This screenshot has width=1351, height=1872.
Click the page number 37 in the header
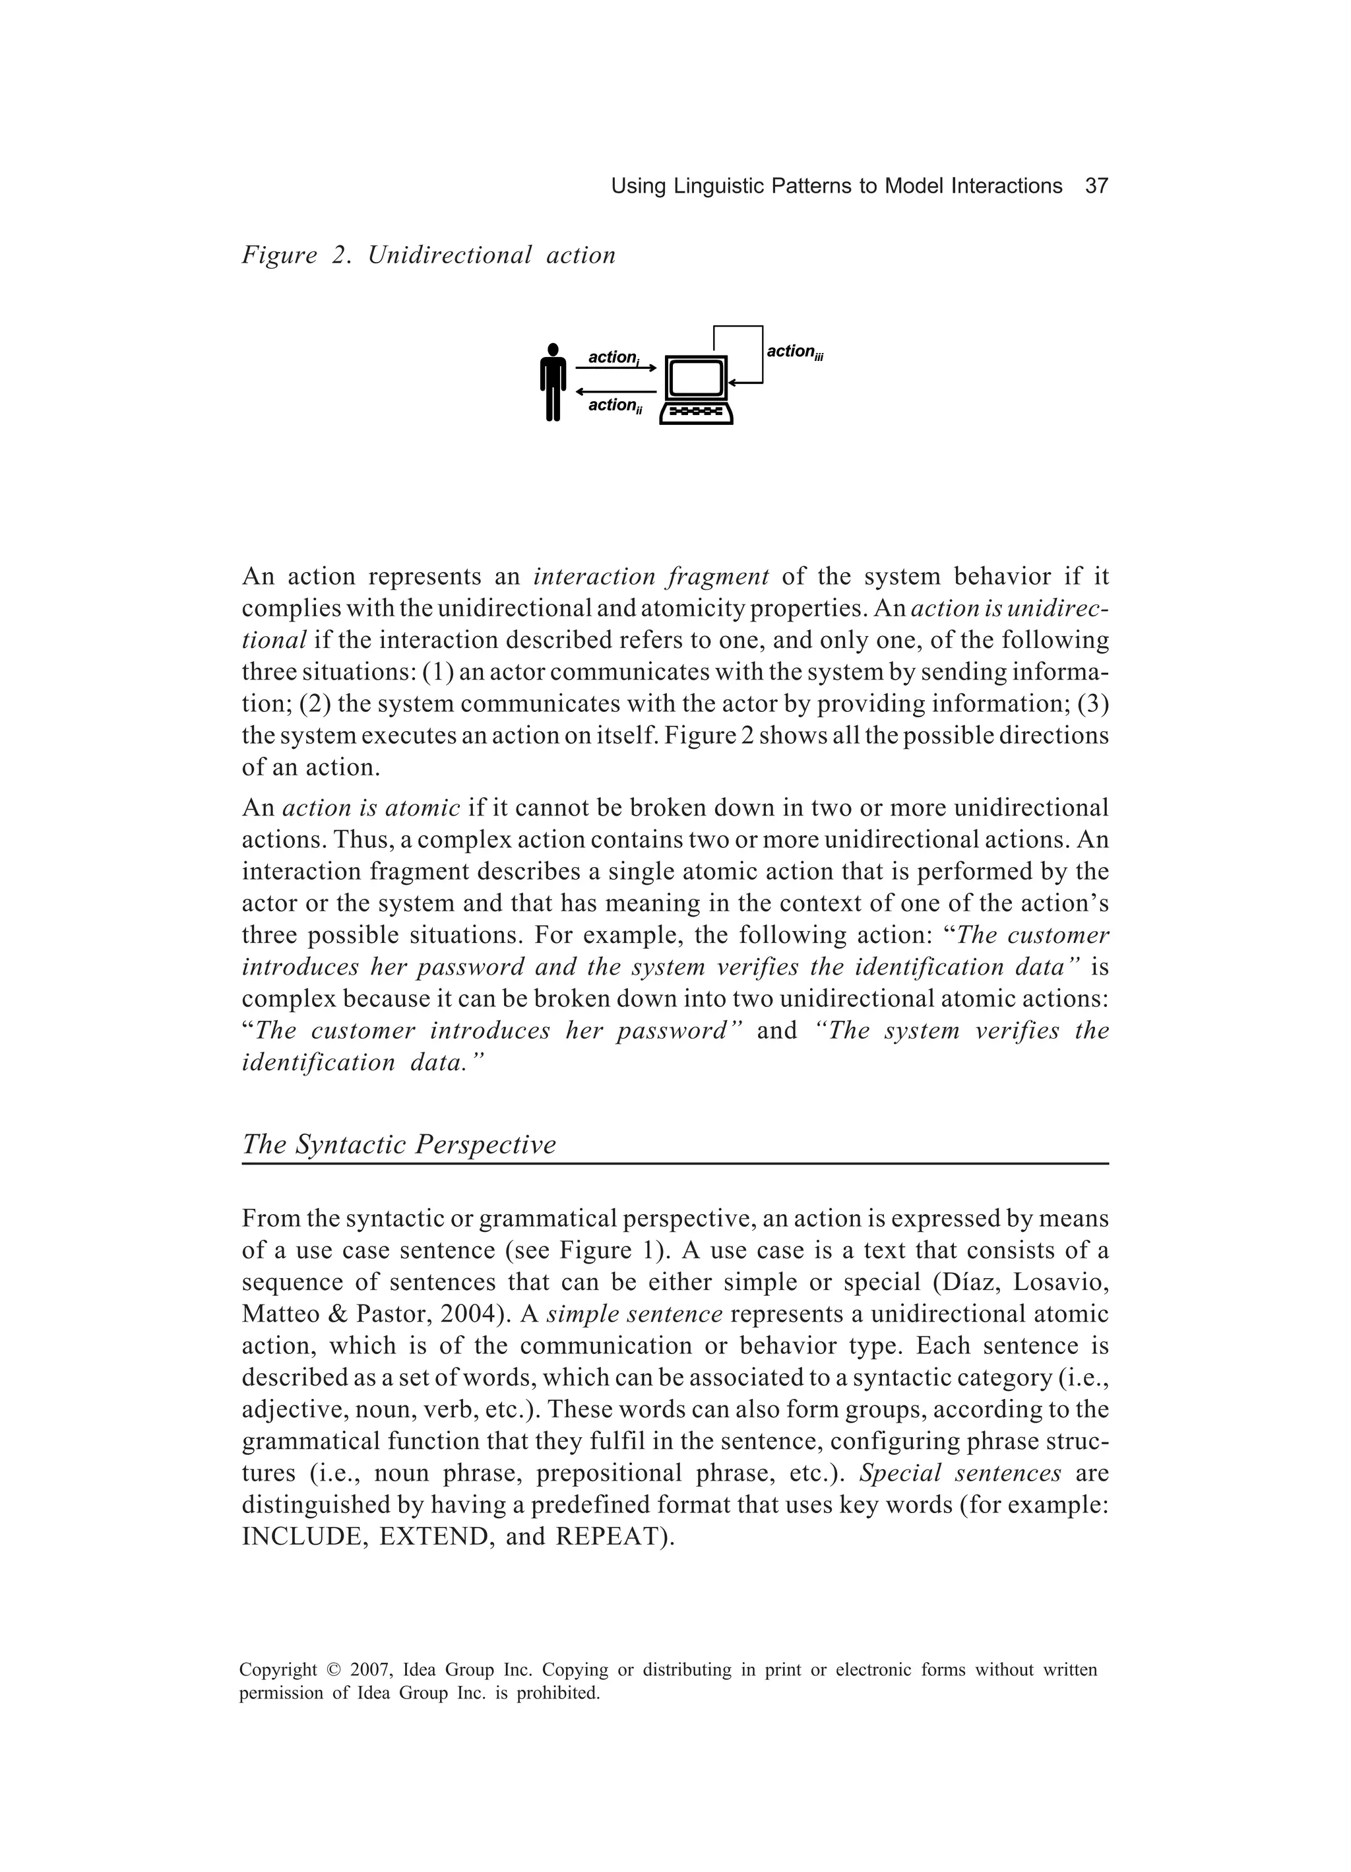tap(1095, 187)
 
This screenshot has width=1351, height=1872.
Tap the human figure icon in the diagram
tap(553, 382)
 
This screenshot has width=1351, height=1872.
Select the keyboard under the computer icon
tap(696, 411)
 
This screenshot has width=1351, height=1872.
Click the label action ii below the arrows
tap(614, 405)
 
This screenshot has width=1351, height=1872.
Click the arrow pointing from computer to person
tap(615, 391)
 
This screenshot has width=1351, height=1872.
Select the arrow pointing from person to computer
tap(615, 368)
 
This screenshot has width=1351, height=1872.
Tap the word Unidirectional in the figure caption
tap(450, 256)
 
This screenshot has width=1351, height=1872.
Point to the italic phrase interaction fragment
tap(651, 576)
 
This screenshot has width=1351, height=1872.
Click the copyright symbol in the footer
tap(333, 1671)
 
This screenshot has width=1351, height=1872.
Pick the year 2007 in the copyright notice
tap(369, 1671)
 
